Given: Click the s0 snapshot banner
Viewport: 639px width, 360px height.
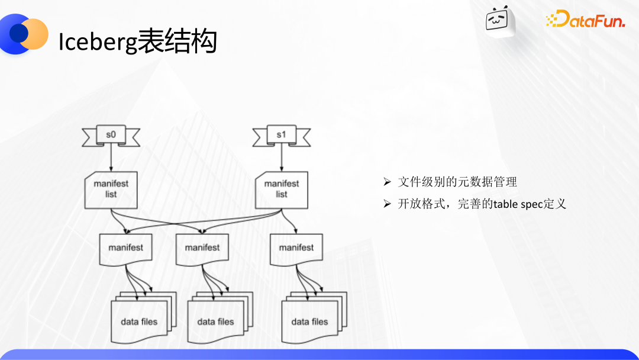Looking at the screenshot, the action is tap(111, 136).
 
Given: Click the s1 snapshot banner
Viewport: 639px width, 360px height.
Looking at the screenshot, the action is tap(282, 136).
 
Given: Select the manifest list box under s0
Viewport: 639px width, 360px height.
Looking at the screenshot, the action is tap(111, 190).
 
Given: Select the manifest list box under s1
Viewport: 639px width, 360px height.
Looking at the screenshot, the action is tap(282, 190).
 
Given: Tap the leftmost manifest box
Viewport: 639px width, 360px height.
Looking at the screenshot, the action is tap(125, 249).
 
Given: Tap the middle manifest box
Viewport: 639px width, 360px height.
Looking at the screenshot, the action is tap(202, 249).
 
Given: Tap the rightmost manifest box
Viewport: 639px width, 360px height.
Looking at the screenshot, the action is tap(296, 249).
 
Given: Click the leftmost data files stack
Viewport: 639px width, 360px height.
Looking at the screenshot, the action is tap(144, 317).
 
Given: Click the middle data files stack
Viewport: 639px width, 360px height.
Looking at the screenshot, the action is tap(220, 317).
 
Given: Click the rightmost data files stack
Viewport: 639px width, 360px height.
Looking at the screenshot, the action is tap(314, 317).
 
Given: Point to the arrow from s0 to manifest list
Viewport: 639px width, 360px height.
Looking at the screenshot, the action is tap(111, 158).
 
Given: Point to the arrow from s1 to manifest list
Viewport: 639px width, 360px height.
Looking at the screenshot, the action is tap(282, 158).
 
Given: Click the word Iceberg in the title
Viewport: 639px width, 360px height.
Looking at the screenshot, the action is tap(98, 43).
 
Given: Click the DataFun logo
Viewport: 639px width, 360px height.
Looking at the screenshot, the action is tap(585, 19).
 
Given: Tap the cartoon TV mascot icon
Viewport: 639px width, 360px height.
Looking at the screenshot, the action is tap(499, 21).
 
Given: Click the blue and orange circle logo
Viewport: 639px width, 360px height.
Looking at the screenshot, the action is tap(24, 34).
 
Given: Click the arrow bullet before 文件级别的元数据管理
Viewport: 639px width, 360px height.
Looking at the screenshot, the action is tap(387, 182).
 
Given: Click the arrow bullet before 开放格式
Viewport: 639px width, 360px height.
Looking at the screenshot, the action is tap(387, 204).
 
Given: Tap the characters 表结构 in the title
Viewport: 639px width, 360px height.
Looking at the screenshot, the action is tap(177, 41).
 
